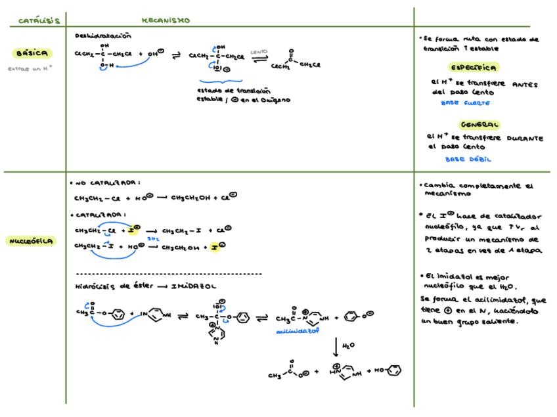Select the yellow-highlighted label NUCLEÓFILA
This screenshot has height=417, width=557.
coord(32,241)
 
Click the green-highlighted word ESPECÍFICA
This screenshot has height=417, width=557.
coord(473,67)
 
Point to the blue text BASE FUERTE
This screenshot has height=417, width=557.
coord(465,103)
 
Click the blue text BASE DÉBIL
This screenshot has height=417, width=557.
coord(468,159)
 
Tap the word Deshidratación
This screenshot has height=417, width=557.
coord(103,36)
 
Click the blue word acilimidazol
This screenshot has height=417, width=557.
coord(297,332)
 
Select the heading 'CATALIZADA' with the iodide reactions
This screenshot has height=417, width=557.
coord(100,215)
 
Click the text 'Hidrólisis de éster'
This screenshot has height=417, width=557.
coord(106,286)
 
